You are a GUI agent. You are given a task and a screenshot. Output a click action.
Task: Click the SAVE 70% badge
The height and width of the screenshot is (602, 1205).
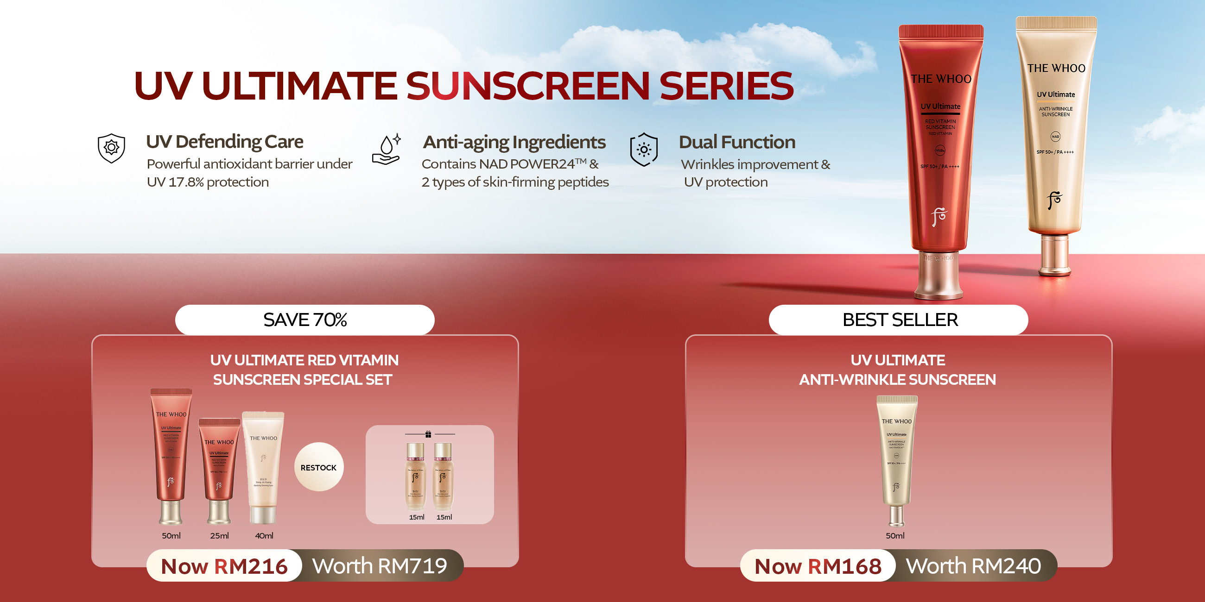click(x=304, y=320)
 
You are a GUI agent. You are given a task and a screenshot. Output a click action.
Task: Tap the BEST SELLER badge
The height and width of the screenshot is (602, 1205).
click(x=899, y=320)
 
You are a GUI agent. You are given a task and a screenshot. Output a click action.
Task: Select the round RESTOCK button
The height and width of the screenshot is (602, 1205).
click(x=318, y=467)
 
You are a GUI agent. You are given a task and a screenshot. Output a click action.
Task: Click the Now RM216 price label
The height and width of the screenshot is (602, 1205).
click(x=224, y=566)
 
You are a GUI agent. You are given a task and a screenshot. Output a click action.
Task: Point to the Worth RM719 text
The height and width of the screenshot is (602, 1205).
click(x=380, y=566)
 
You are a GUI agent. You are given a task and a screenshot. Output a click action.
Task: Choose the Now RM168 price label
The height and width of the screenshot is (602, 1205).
click(x=818, y=566)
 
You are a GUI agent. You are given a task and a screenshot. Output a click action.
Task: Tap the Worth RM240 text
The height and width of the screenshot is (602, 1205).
click(x=973, y=566)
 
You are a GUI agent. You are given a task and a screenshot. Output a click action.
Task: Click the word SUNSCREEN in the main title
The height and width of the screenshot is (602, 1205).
click(x=528, y=86)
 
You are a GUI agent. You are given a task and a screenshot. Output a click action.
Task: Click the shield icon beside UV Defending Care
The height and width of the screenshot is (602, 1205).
click(x=111, y=148)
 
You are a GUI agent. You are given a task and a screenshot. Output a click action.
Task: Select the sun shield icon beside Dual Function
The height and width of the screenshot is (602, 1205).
click(x=644, y=150)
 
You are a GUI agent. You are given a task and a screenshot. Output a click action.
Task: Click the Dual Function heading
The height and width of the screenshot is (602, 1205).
click(x=737, y=142)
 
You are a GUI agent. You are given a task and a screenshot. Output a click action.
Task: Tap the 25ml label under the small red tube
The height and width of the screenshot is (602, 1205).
click(x=219, y=536)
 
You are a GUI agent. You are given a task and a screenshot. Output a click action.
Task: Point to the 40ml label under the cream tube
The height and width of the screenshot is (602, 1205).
click(x=264, y=536)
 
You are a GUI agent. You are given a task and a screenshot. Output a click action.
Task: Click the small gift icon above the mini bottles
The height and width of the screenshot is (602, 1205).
click(x=428, y=434)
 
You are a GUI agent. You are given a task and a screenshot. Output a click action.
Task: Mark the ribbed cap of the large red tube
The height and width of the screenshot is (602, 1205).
click(x=941, y=32)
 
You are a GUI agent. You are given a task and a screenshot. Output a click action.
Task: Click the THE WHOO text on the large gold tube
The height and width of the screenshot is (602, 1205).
click(x=1056, y=68)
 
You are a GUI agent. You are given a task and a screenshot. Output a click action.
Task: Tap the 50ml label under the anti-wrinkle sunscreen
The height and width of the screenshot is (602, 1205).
click(x=895, y=536)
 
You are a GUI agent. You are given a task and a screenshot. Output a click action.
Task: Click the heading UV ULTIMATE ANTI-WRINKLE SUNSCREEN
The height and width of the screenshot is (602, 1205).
click(x=898, y=370)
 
